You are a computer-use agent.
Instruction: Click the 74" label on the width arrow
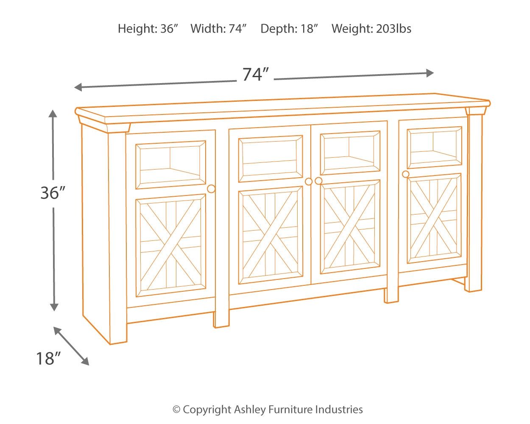(x=256, y=75)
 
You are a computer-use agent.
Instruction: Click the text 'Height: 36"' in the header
(x=148, y=29)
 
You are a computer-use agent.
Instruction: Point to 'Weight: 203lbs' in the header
(x=371, y=29)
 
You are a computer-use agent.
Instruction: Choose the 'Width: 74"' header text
(x=219, y=29)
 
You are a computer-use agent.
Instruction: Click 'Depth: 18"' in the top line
(x=289, y=29)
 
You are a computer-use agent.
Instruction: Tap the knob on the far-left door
(x=211, y=189)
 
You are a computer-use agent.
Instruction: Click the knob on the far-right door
(x=406, y=174)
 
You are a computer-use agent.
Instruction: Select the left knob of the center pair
(x=309, y=181)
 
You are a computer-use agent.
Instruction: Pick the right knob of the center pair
(x=318, y=181)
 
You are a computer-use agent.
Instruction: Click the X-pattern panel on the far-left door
(x=170, y=245)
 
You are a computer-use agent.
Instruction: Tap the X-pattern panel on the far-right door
(x=434, y=218)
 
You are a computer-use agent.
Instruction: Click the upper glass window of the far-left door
(x=170, y=165)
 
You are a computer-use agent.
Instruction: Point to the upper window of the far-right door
(x=434, y=147)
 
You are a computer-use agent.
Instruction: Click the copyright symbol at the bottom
(x=176, y=410)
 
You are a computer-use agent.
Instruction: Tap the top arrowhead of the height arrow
(x=53, y=114)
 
